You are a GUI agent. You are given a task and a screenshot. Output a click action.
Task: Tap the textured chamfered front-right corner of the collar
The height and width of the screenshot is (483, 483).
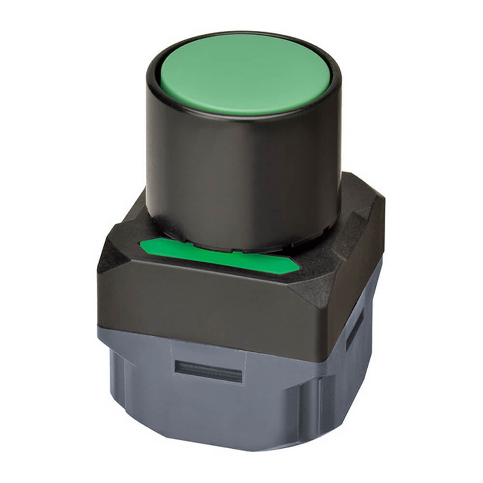(314, 283)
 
